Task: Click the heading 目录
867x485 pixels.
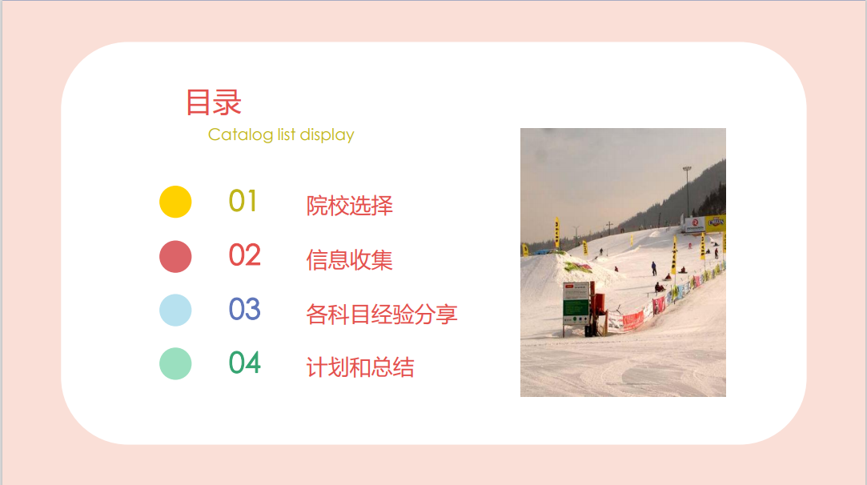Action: [x=214, y=102]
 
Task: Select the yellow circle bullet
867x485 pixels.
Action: [x=175, y=202]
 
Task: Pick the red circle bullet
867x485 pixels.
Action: [x=175, y=257]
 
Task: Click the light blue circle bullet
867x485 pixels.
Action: [x=175, y=311]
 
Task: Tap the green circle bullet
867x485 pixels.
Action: [x=175, y=363]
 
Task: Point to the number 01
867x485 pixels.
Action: [x=243, y=202]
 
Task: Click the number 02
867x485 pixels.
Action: [x=244, y=255]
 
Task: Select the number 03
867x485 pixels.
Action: [x=244, y=309]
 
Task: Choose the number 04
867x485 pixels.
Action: [x=244, y=363]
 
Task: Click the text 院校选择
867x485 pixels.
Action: [x=350, y=206]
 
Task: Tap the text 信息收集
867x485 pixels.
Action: [x=350, y=260]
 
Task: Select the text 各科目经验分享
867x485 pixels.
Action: [x=382, y=314]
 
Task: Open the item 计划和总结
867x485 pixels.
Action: [x=360, y=367]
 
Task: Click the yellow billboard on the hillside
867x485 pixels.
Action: [x=715, y=222]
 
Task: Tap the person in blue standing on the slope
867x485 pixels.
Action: [x=653, y=269]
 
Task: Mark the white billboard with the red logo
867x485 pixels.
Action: [x=695, y=225]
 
